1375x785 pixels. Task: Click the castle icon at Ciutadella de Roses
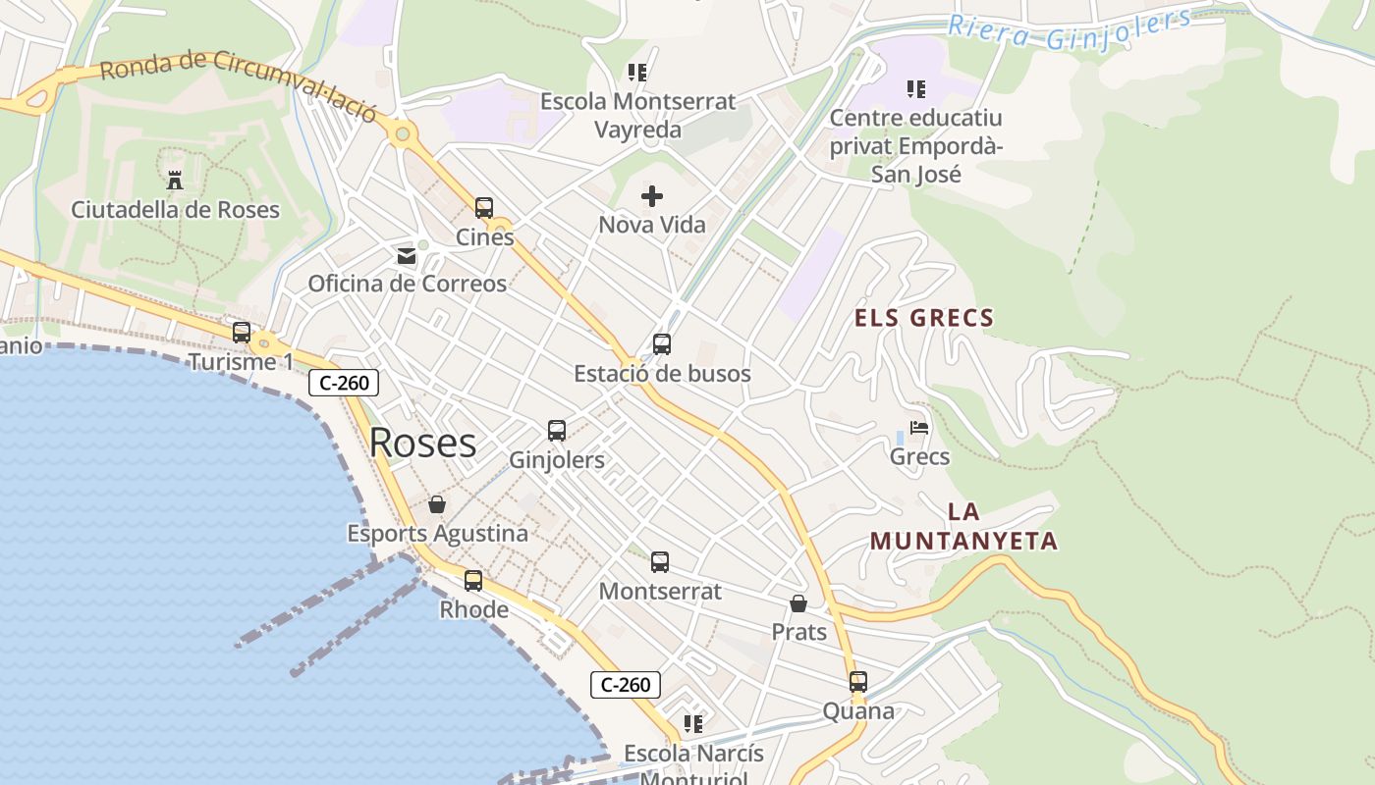coord(175,180)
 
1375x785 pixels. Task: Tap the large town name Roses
coord(422,443)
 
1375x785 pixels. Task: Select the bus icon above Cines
coord(484,208)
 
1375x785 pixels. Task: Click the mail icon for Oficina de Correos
coord(406,256)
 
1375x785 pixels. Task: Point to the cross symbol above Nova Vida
coord(652,196)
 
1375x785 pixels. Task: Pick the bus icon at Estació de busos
coord(662,344)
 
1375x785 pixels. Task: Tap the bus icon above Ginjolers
coord(557,431)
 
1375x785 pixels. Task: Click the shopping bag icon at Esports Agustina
coord(437,504)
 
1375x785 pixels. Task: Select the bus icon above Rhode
coord(473,581)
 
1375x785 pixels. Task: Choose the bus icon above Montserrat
coord(660,562)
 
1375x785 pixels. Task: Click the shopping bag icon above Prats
coord(798,603)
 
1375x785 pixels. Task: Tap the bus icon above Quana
coord(858,682)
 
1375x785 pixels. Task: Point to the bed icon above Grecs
coord(919,428)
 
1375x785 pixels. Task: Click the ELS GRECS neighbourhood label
coord(924,318)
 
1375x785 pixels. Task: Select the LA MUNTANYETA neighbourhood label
coord(963,527)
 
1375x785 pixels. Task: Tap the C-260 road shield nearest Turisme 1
coord(344,383)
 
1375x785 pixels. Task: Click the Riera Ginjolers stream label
coord(1071,29)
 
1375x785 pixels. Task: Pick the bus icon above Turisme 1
coord(242,333)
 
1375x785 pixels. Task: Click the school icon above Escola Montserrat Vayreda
coord(637,73)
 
